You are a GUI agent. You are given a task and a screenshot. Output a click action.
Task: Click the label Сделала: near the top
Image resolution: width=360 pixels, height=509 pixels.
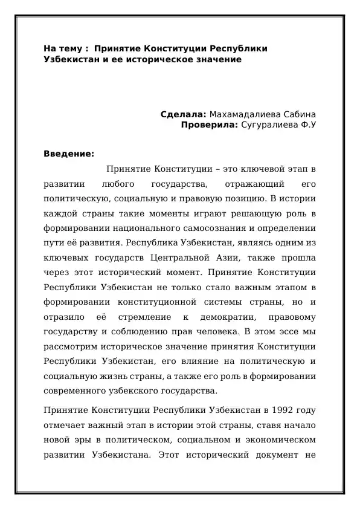[184, 114]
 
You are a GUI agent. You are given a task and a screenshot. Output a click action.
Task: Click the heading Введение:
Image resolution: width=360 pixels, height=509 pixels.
[69, 153]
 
